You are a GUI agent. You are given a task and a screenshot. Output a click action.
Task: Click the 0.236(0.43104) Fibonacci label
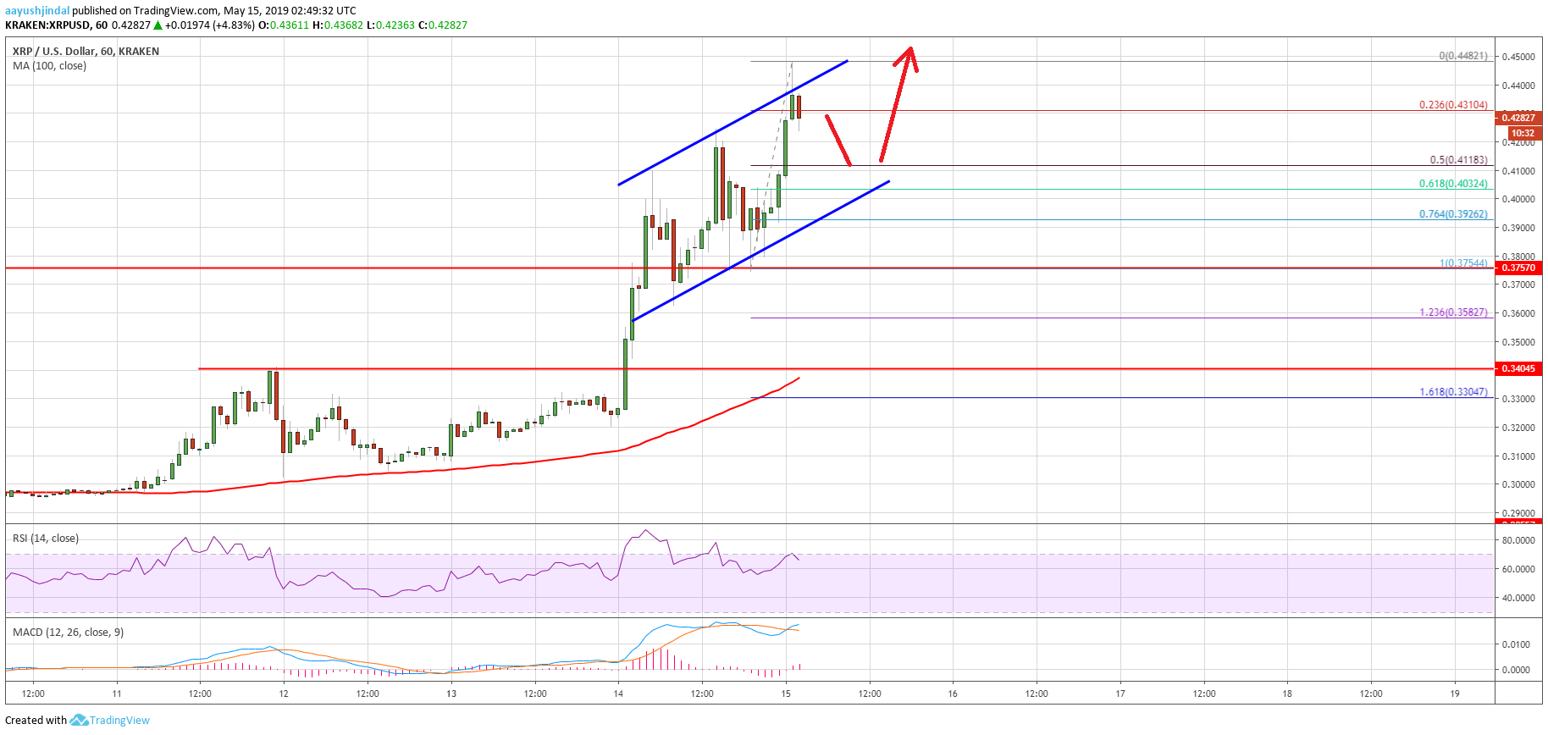pyautogui.click(x=1453, y=105)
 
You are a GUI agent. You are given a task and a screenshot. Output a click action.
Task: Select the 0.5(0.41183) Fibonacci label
pyautogui.click(x=1458, y=160)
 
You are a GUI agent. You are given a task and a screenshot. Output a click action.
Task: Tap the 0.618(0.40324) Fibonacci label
pyautogui.click(x=1453, y=184)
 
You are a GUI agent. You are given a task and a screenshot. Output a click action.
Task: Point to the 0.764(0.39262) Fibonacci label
pyautogui.click(x=1453, y=214)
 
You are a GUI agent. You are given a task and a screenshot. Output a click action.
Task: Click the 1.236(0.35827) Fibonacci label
pyautogui.click(x=1453, y=312)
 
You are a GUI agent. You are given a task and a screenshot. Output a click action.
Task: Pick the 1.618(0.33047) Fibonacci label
pyautogui.click(x=1453, y=392)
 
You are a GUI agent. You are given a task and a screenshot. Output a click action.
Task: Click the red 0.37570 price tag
pyautogui.click(x=1518, y=268)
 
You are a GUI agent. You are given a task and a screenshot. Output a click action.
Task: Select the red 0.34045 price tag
pyautogui.click(x=1518, y=368)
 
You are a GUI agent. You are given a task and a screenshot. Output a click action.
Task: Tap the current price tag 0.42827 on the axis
pyautogui.click(x=1518, y=118)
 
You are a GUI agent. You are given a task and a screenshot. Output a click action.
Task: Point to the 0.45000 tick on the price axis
pyautogui.click(x=1518, y=57)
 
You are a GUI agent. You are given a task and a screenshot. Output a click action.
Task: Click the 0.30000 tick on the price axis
pyautogui.click(x=1518, y=484)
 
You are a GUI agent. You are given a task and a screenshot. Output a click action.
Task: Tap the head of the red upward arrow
pyautogui.click(x=909, y=51)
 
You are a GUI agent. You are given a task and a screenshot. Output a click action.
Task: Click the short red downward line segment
pyautogui.click(x=838, y=140)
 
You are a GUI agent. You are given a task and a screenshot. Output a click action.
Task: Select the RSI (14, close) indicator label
pyautogui.click(x=46, y=539)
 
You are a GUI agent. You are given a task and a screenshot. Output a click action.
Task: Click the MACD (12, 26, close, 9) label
pyautogui.click(x=68, y=633)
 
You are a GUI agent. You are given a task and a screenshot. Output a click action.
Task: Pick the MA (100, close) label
pyautogui.click(x=49, y=65)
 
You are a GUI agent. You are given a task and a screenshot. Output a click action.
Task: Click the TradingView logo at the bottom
pyautogui.click(x=110, y=720)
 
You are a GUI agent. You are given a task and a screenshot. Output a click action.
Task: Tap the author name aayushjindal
pyautogui.click(x=37, y=11)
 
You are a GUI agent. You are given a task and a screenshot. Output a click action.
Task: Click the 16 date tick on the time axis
pyautogui.click(x=953, y=694)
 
